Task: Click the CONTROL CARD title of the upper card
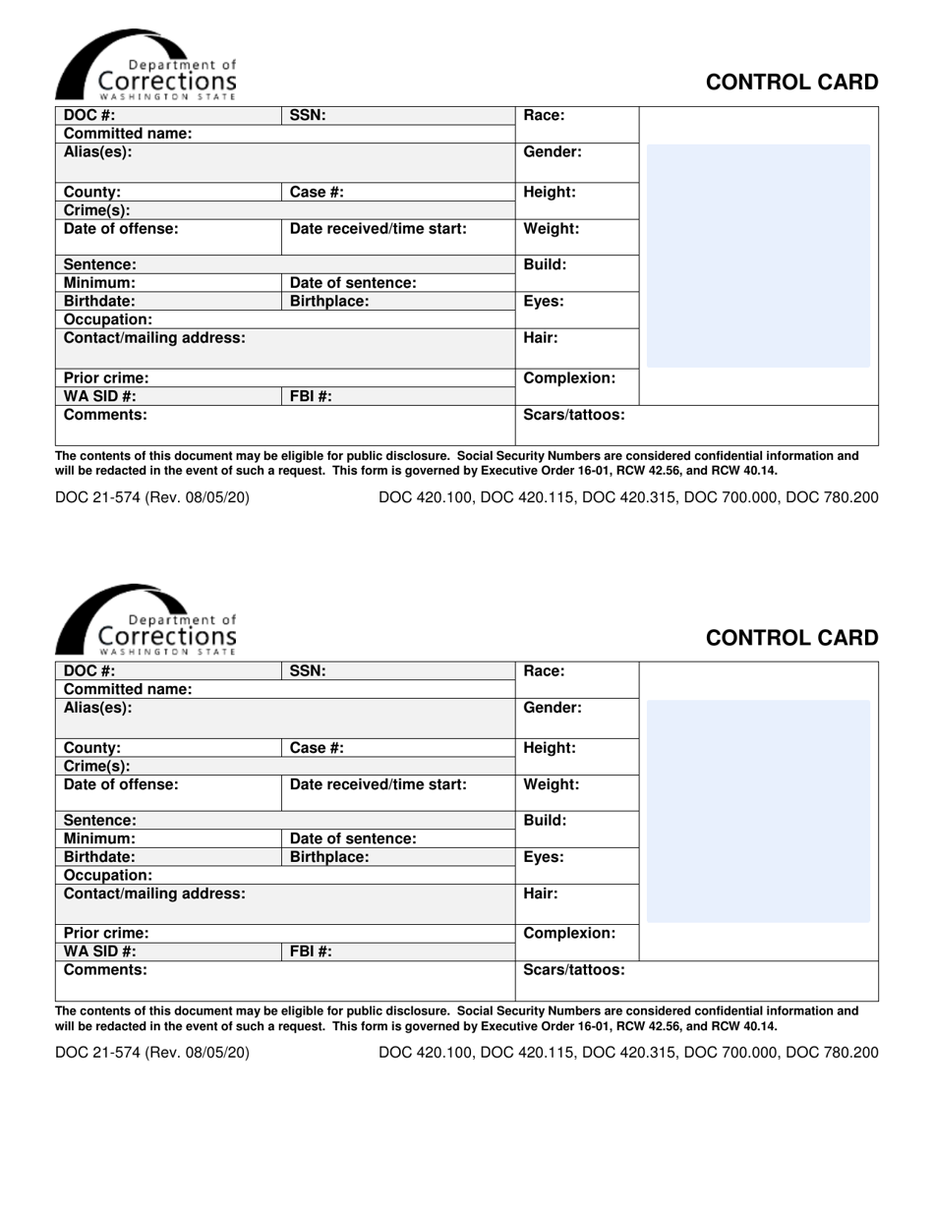pos(792,83)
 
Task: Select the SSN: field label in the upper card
pos(307,115)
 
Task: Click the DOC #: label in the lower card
pos(89,671)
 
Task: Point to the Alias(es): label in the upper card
pos(97,152)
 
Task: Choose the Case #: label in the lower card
pos(317,748)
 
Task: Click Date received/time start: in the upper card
pos(378,229)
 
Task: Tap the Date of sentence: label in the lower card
pos(353,838)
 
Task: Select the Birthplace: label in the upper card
pos(329,302)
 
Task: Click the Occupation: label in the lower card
pos(108,875)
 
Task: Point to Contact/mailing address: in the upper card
pos(154,338)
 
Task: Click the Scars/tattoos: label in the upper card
pos(573,415)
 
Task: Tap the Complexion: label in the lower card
pos(569,933)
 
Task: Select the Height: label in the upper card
pos(550,193)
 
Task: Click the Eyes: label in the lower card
pos(544,857)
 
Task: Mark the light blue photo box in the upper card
pos(757,256)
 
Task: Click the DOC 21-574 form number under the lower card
pos(152,1053)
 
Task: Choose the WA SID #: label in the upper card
pos(100,396)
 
